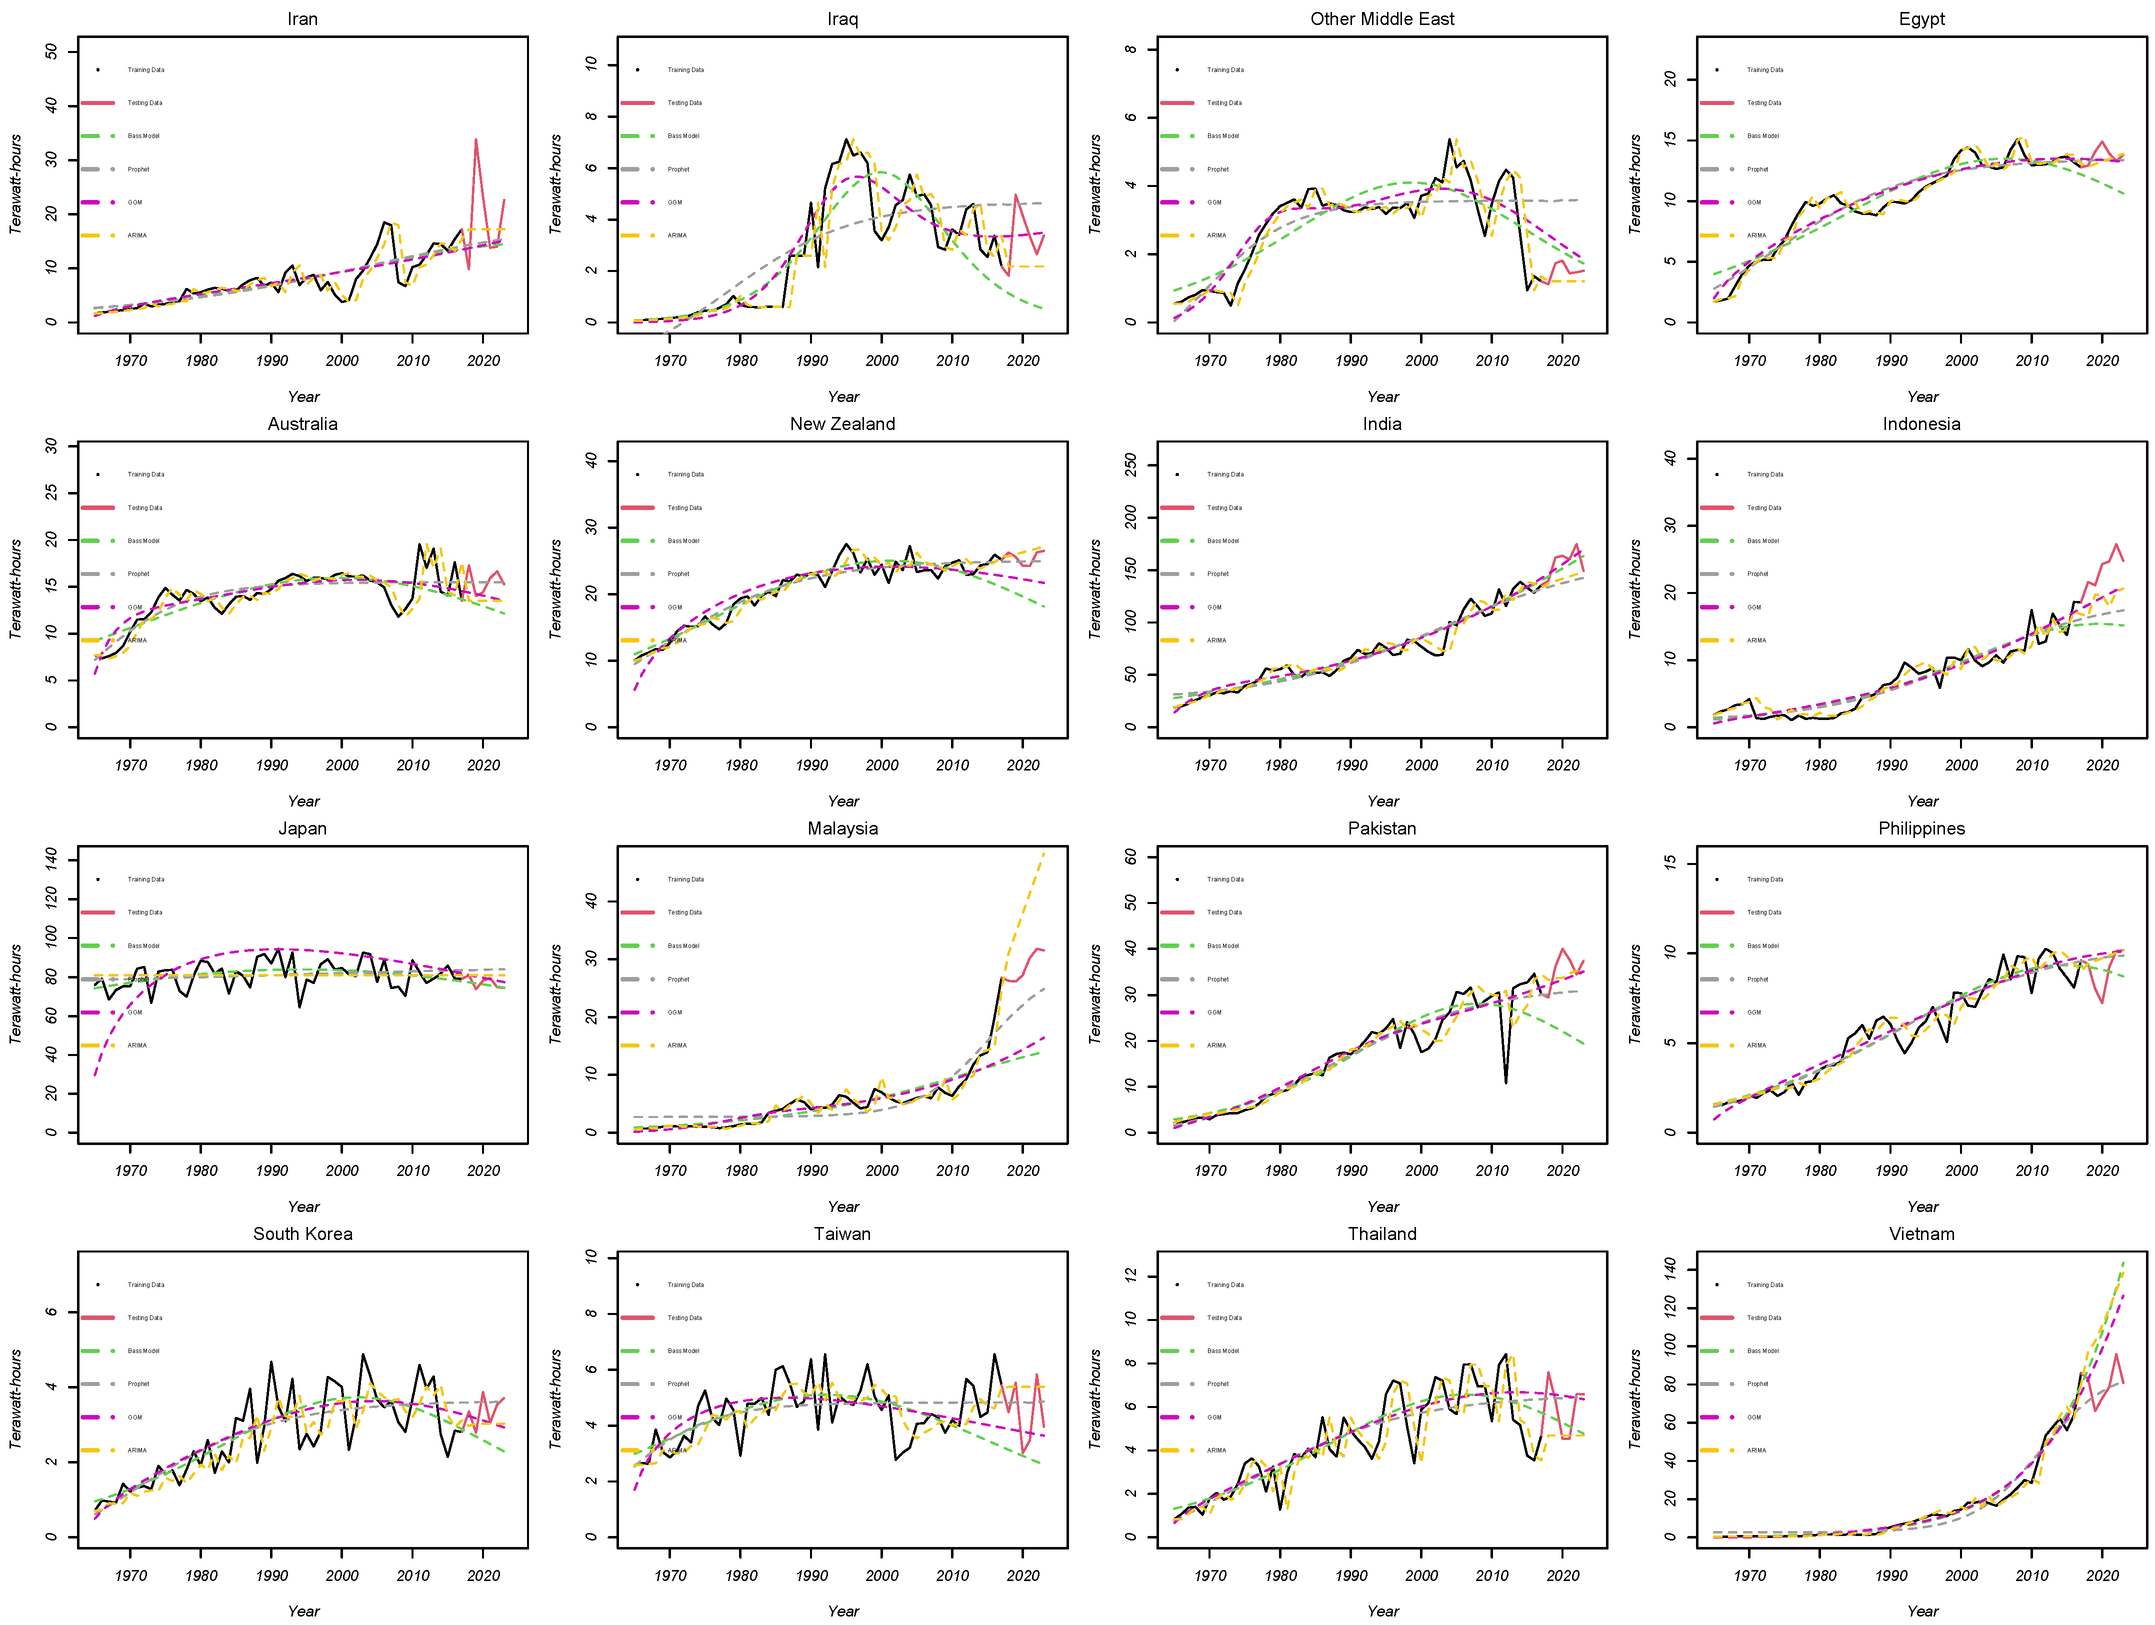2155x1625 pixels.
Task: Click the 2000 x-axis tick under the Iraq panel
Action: [881, 360]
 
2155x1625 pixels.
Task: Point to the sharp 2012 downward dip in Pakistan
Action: [1506, 1082]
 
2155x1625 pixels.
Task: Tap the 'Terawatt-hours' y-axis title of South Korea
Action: [15, 1399]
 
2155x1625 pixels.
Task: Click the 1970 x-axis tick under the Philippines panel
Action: [1749, 1170]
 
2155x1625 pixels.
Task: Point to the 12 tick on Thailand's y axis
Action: [1130, 1276]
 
